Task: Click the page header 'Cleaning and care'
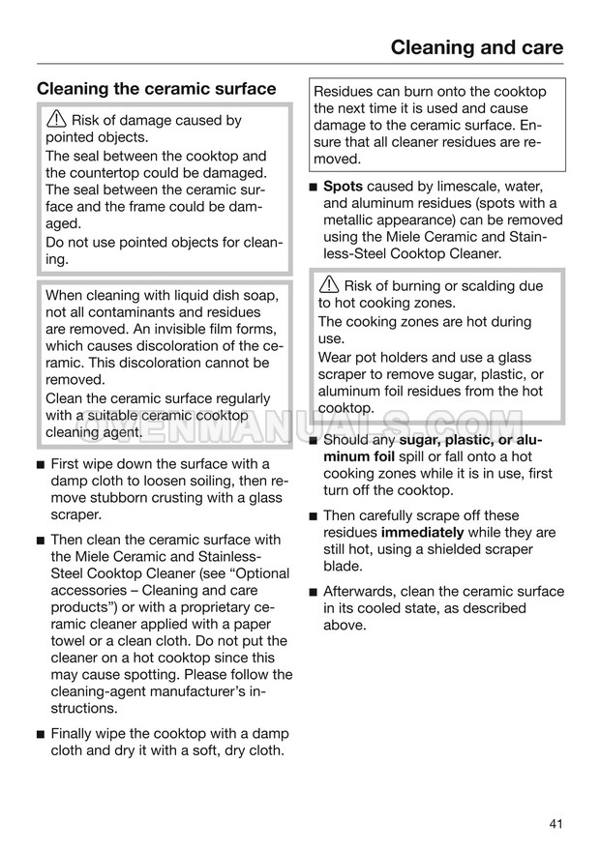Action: point(476,47)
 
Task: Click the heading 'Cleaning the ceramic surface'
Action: point(157,89)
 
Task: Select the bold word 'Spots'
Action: point(344,186)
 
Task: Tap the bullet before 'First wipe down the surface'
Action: point(41,464)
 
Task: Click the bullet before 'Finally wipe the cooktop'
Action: point(41,734)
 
